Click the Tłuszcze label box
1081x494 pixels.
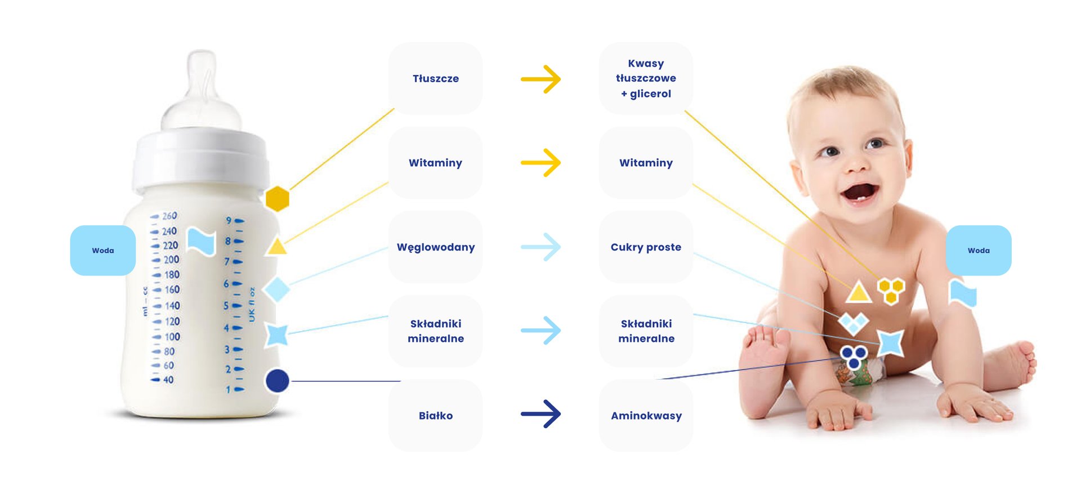(x=435, y=78)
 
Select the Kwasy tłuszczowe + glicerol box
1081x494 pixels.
(x=646, y=78)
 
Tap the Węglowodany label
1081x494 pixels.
(x=435, y=247)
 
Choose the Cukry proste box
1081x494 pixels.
(x=646, y=247)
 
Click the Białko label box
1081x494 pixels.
(x=435, y=415)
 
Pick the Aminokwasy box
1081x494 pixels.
(x=646, y=415)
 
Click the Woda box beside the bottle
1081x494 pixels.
(x=103, y=251)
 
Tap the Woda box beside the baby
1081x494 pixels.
(x=979, y=251)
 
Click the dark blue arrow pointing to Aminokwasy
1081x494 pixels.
(x=540, y=414)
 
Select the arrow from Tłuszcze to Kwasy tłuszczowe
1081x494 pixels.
(x=540, y=79)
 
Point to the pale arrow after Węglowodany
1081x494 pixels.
(x=540, y=247)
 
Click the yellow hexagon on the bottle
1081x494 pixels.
(x=277, y=199)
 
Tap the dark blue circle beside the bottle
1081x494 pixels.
(x=277, y=381)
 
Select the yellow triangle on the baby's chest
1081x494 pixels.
(x=858, y=292)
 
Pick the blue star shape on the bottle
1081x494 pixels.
(x=276, y=335)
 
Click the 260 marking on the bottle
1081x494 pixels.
(x=169, y=216)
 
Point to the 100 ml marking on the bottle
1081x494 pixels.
(x=172, y=337)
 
